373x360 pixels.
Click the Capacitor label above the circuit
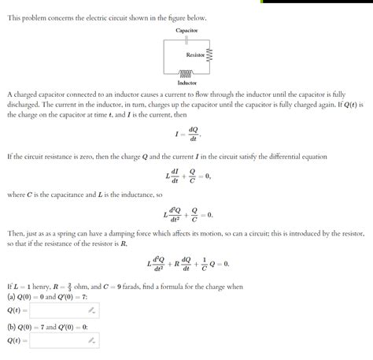click(x=186, y=30)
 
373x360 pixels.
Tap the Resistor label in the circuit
click(x=195, y=55)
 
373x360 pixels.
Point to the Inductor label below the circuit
click(x=186, y=83)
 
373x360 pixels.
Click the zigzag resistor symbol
click(x=209, y=55)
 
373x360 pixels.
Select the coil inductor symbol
click(x=186, y=72)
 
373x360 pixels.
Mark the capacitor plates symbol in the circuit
click(x=186, y=38)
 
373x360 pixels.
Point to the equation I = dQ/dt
click(x=186, y=134)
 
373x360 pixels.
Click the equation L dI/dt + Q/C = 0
click(x=186, y=176)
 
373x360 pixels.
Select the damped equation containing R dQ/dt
click(x=186, y=263)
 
